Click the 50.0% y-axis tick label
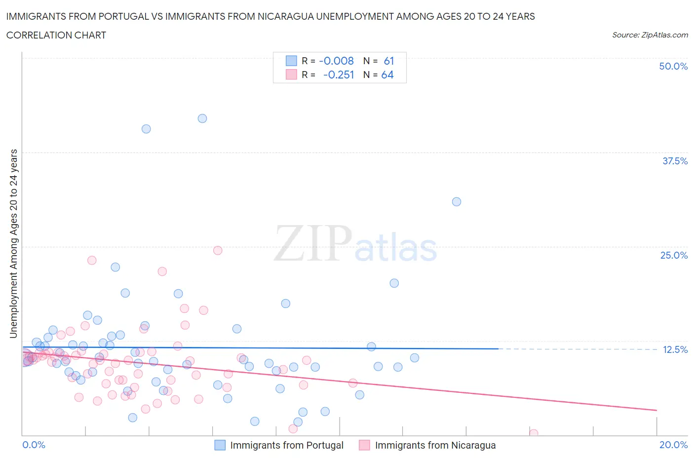point(673,66)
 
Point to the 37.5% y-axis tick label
point(675,161)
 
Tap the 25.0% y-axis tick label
point(674,255)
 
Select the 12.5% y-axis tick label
point(675,349)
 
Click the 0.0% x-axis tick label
point(34,445)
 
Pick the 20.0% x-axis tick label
point(673,445)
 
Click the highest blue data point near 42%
point(202,118)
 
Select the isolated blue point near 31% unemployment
point(457,202)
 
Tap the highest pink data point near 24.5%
point(218,250)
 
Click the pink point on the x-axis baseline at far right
point(534,433)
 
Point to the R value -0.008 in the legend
point(336,61)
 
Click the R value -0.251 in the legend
point(338,75)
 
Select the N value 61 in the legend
point(389,61)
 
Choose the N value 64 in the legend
point(387,75)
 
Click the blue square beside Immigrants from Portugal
point(220,445)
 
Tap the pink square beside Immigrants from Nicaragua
point(364,445)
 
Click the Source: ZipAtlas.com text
point(650,35)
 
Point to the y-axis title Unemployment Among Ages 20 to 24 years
point(13,243)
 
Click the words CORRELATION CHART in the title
point(56,35)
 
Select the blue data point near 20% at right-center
point(394,283)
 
